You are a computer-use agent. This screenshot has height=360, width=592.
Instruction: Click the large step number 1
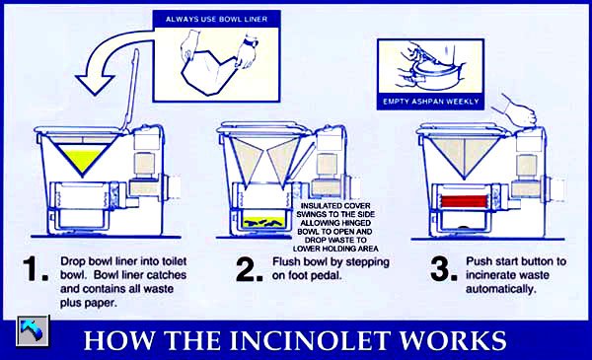pos(36,269)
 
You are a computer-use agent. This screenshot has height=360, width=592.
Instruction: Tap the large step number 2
pos(249,269)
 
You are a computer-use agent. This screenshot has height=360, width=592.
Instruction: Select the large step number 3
pos(444,269)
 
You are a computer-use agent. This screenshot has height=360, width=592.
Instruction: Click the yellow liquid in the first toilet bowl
pos(82,159)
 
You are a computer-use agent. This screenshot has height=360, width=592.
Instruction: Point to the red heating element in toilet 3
pos(464,201)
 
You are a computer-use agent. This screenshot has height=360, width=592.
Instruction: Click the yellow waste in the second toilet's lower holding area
pos(264,222)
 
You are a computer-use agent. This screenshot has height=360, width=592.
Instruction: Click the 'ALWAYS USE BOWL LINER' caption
pos(216,20)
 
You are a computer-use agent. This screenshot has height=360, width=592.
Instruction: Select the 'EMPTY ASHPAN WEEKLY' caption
pos(431,102)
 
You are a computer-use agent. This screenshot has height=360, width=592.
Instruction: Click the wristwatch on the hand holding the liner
pos(250,41)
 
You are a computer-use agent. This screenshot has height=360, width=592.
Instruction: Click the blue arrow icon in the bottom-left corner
pos(33,331)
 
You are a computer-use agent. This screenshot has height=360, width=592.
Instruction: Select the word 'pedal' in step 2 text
pos(326,275)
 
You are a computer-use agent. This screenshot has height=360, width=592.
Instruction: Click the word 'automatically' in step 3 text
pos(500,289)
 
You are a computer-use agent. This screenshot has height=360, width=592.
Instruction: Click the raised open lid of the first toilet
pos(130,91)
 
